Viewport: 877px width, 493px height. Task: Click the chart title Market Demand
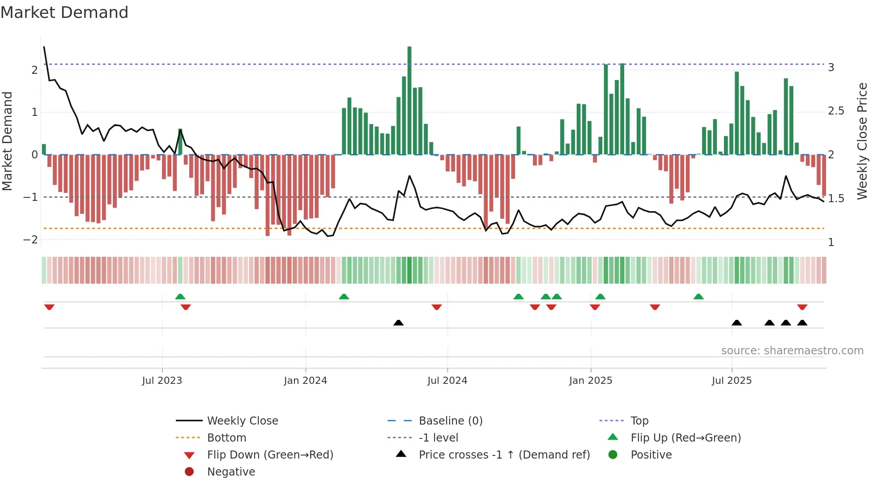tap(64, 13)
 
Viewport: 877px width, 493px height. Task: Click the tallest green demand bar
tap(409, 101)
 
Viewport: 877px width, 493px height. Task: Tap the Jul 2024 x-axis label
tap(447, 381)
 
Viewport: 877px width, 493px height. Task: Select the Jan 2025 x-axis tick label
tap(590, 381)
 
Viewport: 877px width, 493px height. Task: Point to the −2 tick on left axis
tap(30, 240)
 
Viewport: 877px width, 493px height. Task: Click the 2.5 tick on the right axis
tap(836, 111)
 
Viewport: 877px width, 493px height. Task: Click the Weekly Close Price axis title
tap(862, 141)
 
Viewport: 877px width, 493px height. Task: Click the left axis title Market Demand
tap(8, 141)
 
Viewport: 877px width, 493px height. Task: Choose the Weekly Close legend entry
tap(242, 421)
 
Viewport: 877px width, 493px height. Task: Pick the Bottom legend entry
tap(226, 438)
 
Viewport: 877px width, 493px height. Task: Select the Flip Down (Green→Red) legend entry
tap(270, 455)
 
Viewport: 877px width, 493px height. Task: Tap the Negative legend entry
tap(231, 472)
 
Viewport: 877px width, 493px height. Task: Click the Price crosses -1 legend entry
tap(504, 455)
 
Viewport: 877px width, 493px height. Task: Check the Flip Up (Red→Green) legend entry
tap(685, 438)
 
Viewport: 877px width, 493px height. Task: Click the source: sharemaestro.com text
tap(792, 351)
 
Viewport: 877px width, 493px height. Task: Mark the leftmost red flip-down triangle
tap(49, 307)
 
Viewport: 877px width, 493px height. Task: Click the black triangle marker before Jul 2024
tap(398, 323)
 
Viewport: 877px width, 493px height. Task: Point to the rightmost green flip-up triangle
tap(698, 297)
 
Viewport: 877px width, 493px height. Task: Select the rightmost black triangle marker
tap(802, 323)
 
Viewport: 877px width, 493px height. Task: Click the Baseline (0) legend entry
tap(450, 421)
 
